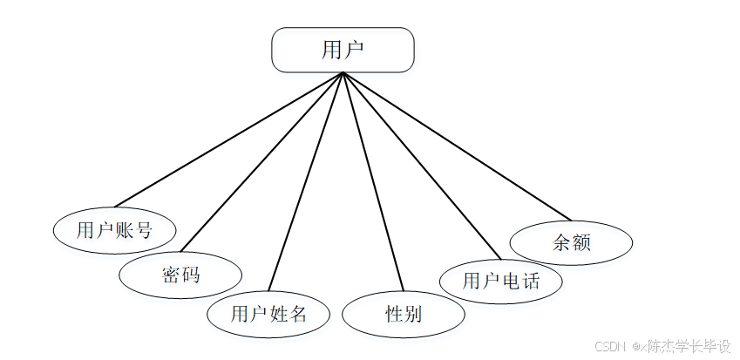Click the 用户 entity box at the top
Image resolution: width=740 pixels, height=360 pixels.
click(x=343, y=50)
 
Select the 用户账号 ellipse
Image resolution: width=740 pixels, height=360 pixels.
click(x=114, y=230)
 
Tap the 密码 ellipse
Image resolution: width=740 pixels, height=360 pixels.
click(x=180, y=275)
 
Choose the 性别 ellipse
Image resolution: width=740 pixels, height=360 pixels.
click(x=404, y=314)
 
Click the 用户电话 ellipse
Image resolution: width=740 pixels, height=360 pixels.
click(x=500, y=281)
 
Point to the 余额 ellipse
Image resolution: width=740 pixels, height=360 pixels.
click(x=571, y=242)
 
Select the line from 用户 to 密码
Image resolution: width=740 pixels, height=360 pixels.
click(x=261, y=162)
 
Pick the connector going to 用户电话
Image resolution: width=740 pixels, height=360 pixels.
click(x=422, y=166)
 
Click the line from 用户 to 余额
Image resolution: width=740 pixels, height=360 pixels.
click(x=457, y=146)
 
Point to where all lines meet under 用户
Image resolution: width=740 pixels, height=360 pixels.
click(x=343, y=73)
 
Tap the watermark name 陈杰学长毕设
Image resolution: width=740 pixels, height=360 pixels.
click(x=689, y=346)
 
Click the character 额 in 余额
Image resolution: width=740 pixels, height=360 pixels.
click(x=581, y=242)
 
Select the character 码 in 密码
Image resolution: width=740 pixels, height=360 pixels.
click(x=190, y=275)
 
